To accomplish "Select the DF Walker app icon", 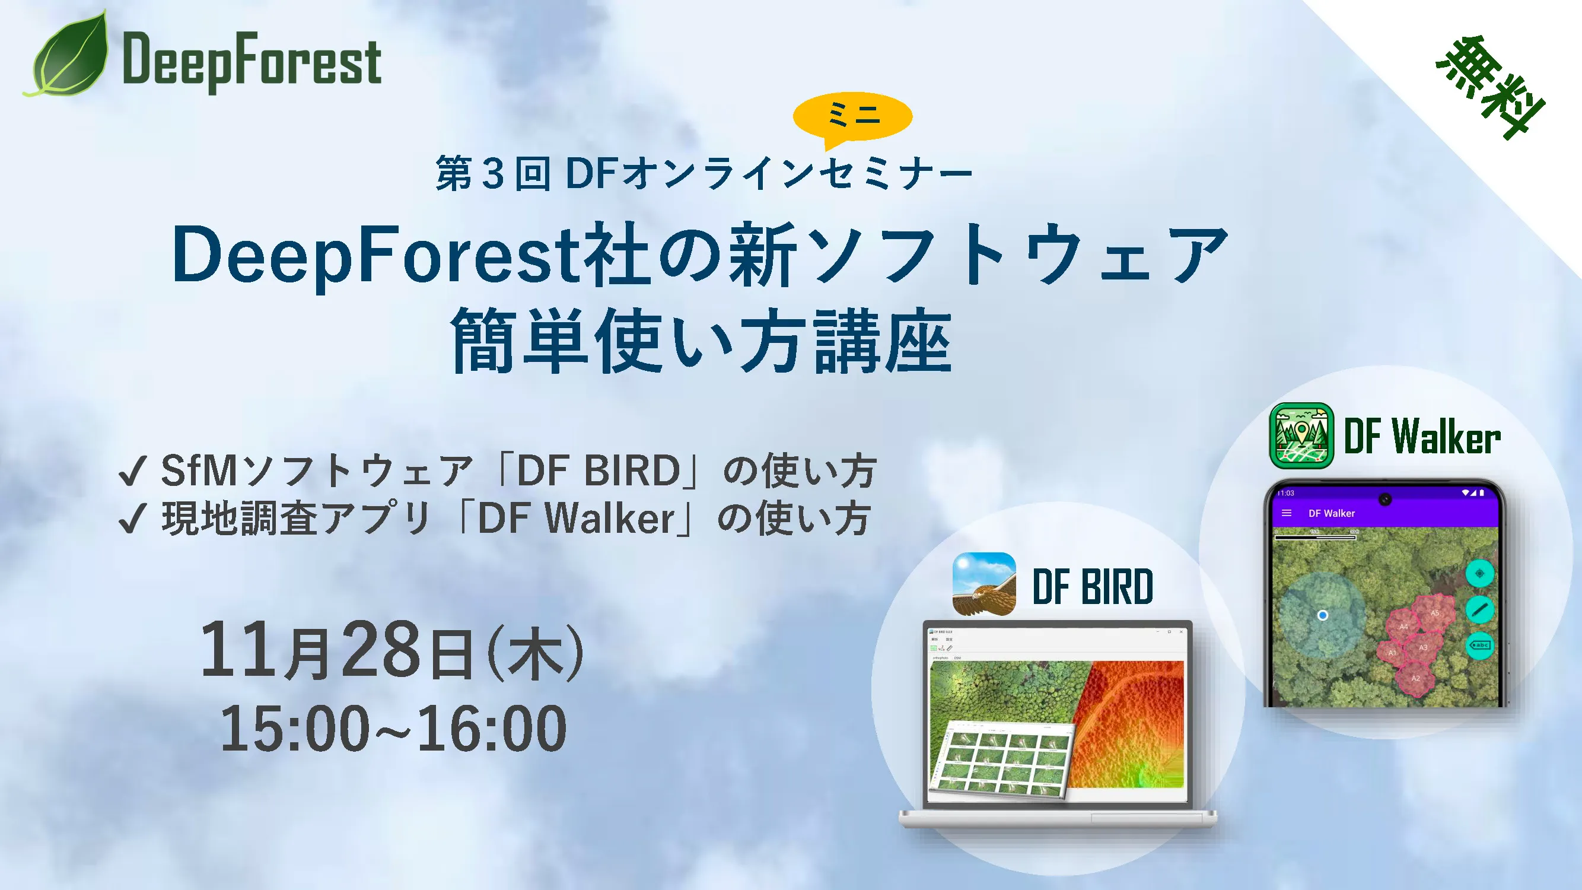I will pyautogui.click(x=1301, y=436).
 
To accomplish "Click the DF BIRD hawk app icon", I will pyautogui.click(x=984, y=584).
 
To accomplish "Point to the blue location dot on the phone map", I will pyautogui.click(x=1323, y=615).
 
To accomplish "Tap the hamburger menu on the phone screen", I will pyautogui.click(x=1287, y=513).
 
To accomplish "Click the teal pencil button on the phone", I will pyautogui.click(x=1479, y=609).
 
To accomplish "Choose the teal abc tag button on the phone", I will pyautogui.click(x=1479, y=645).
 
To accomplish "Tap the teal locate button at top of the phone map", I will pyautogui.click(x=1479, y=574).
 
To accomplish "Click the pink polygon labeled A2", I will pyautogui.click(x=1415, y=679).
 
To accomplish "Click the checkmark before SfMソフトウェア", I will pyautogui.click(x=133, y=472).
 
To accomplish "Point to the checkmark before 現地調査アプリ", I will pyautogui.click(x=133, y=519).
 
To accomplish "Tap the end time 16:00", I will pyautogui.click(x=491, y=729).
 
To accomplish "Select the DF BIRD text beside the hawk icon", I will pyautogui.click(x=1093, y=587).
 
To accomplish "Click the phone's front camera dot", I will pyautogui.click(x=1385, y=500).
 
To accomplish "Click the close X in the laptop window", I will pyautogui.click(x=1181, y=631).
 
